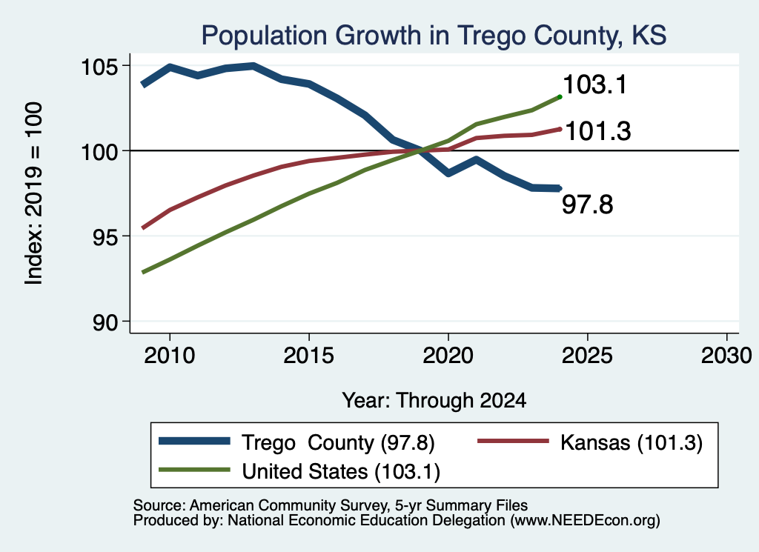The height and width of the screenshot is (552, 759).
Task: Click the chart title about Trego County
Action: (434, 36)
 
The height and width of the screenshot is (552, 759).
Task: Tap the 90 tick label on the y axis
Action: (105, 322)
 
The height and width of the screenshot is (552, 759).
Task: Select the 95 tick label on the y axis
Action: (105, 236)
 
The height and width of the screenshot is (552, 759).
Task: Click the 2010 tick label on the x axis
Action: (170, 356)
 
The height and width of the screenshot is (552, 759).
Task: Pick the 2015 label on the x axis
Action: (309, 356)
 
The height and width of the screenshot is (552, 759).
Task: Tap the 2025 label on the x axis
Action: (587, 356)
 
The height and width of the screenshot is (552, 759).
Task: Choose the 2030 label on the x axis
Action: (726, 356)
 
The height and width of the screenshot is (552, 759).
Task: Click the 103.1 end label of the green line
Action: (595, 84)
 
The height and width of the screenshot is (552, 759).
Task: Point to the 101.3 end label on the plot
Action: (598, 131)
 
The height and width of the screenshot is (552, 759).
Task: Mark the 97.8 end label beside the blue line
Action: (588, 204)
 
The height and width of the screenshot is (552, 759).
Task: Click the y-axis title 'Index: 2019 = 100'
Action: (34, 193)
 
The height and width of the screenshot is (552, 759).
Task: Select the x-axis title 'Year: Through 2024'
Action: (434, 401)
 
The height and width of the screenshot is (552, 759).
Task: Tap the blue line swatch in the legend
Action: (194, 441)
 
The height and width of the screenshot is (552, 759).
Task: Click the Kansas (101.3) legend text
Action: (632, 442)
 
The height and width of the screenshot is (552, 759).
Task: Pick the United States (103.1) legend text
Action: (341, 472)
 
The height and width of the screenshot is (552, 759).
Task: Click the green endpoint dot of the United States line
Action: (560, 97)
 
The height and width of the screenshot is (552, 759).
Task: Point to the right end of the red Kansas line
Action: (560, 129)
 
